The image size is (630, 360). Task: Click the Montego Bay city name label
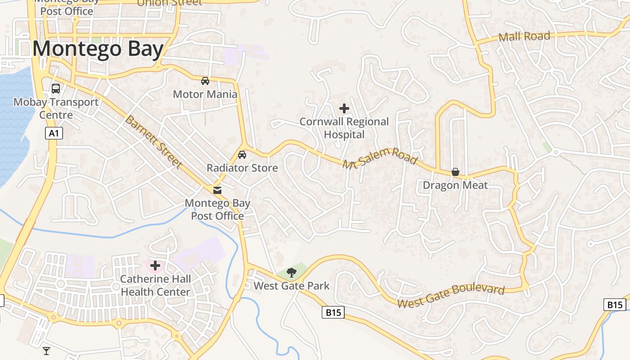(x=98, y=49)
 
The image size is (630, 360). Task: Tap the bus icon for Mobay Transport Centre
(x=56, y=89)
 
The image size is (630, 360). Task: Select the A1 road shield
(x=54, y=133)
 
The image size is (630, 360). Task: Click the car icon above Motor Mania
(x=205, y=81)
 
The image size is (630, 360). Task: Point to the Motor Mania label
(x=205, y=94)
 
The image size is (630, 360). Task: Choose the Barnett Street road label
(x=153, y=142)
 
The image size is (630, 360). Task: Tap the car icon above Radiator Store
(x=242, y=155)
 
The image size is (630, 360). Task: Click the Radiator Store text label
(x=242, y=168)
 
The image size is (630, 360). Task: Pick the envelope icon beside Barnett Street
(x=218, y=190)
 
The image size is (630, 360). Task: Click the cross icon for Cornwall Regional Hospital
(x=344, y=108)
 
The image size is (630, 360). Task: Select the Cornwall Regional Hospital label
(x=344, y=128)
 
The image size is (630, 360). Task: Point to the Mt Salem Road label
(x=380, y=158)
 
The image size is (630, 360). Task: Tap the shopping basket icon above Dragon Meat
(x=455, y=172)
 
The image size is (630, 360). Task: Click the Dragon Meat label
(x=455, y=185)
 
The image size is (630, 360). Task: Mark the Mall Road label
(x=525, y=36)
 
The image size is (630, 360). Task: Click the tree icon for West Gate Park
(x=292, y=272)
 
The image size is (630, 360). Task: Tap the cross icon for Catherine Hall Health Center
(x=155, y=265)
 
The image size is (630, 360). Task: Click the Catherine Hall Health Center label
(x=155, y=286)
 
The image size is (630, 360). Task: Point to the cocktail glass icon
(x=46, y=351)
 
